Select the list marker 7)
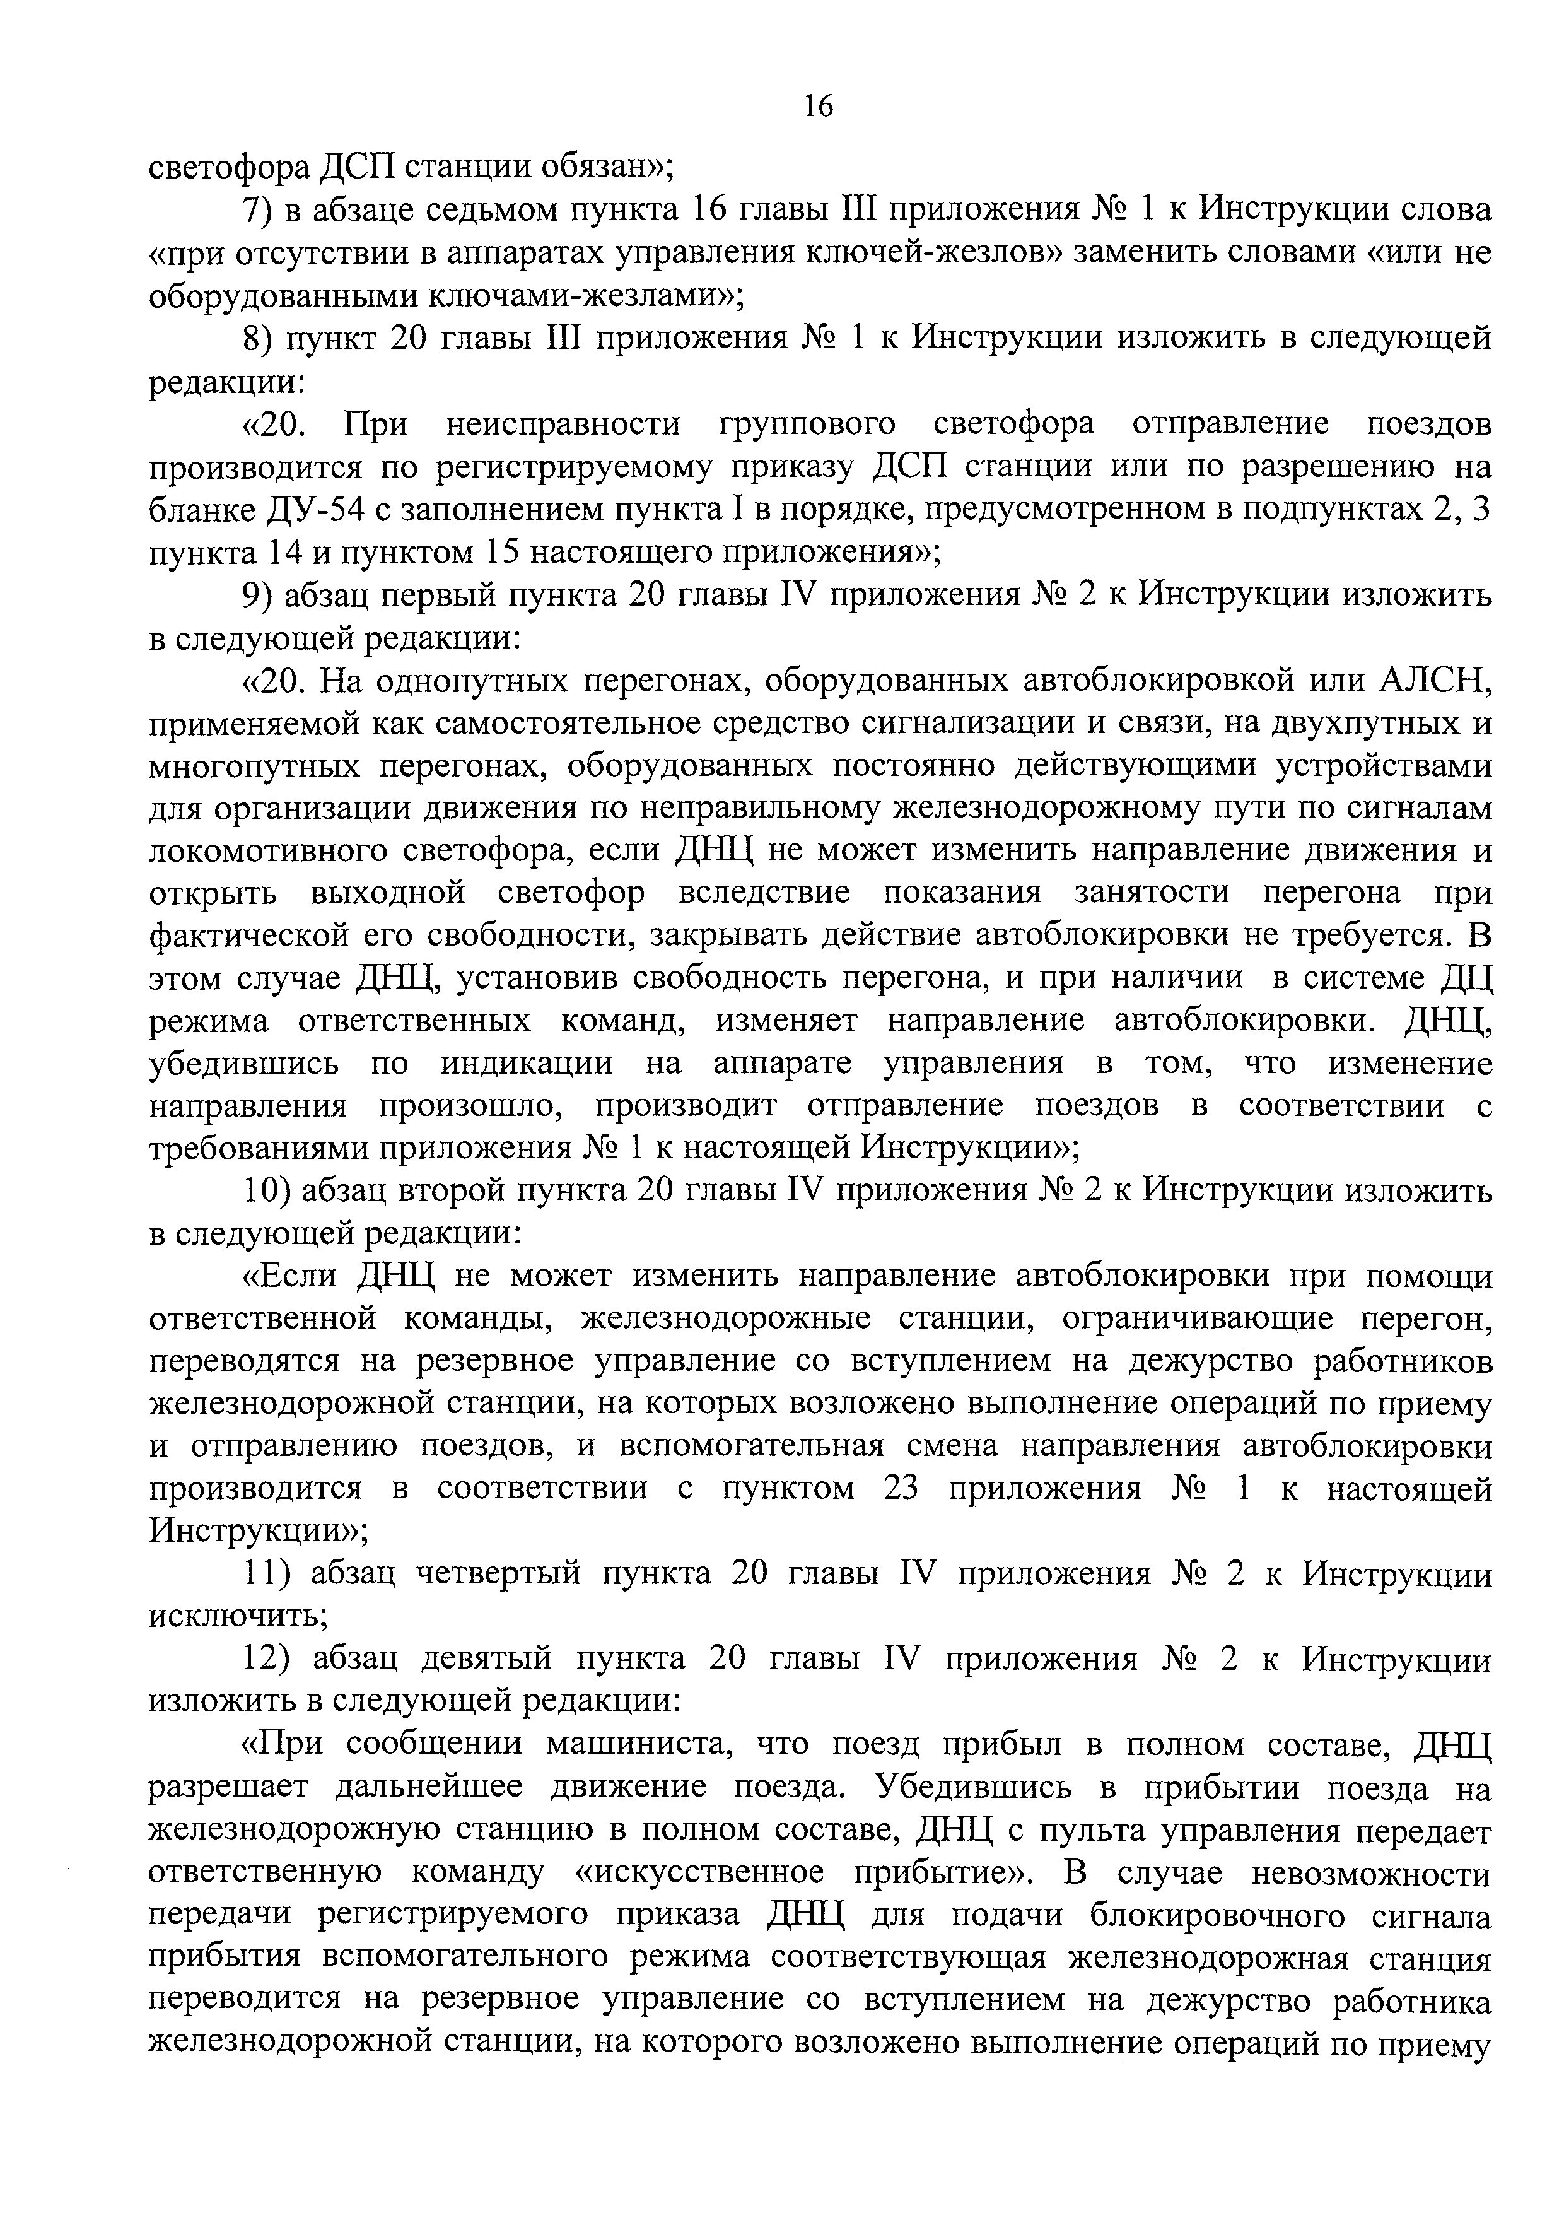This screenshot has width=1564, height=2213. [256, 210]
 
